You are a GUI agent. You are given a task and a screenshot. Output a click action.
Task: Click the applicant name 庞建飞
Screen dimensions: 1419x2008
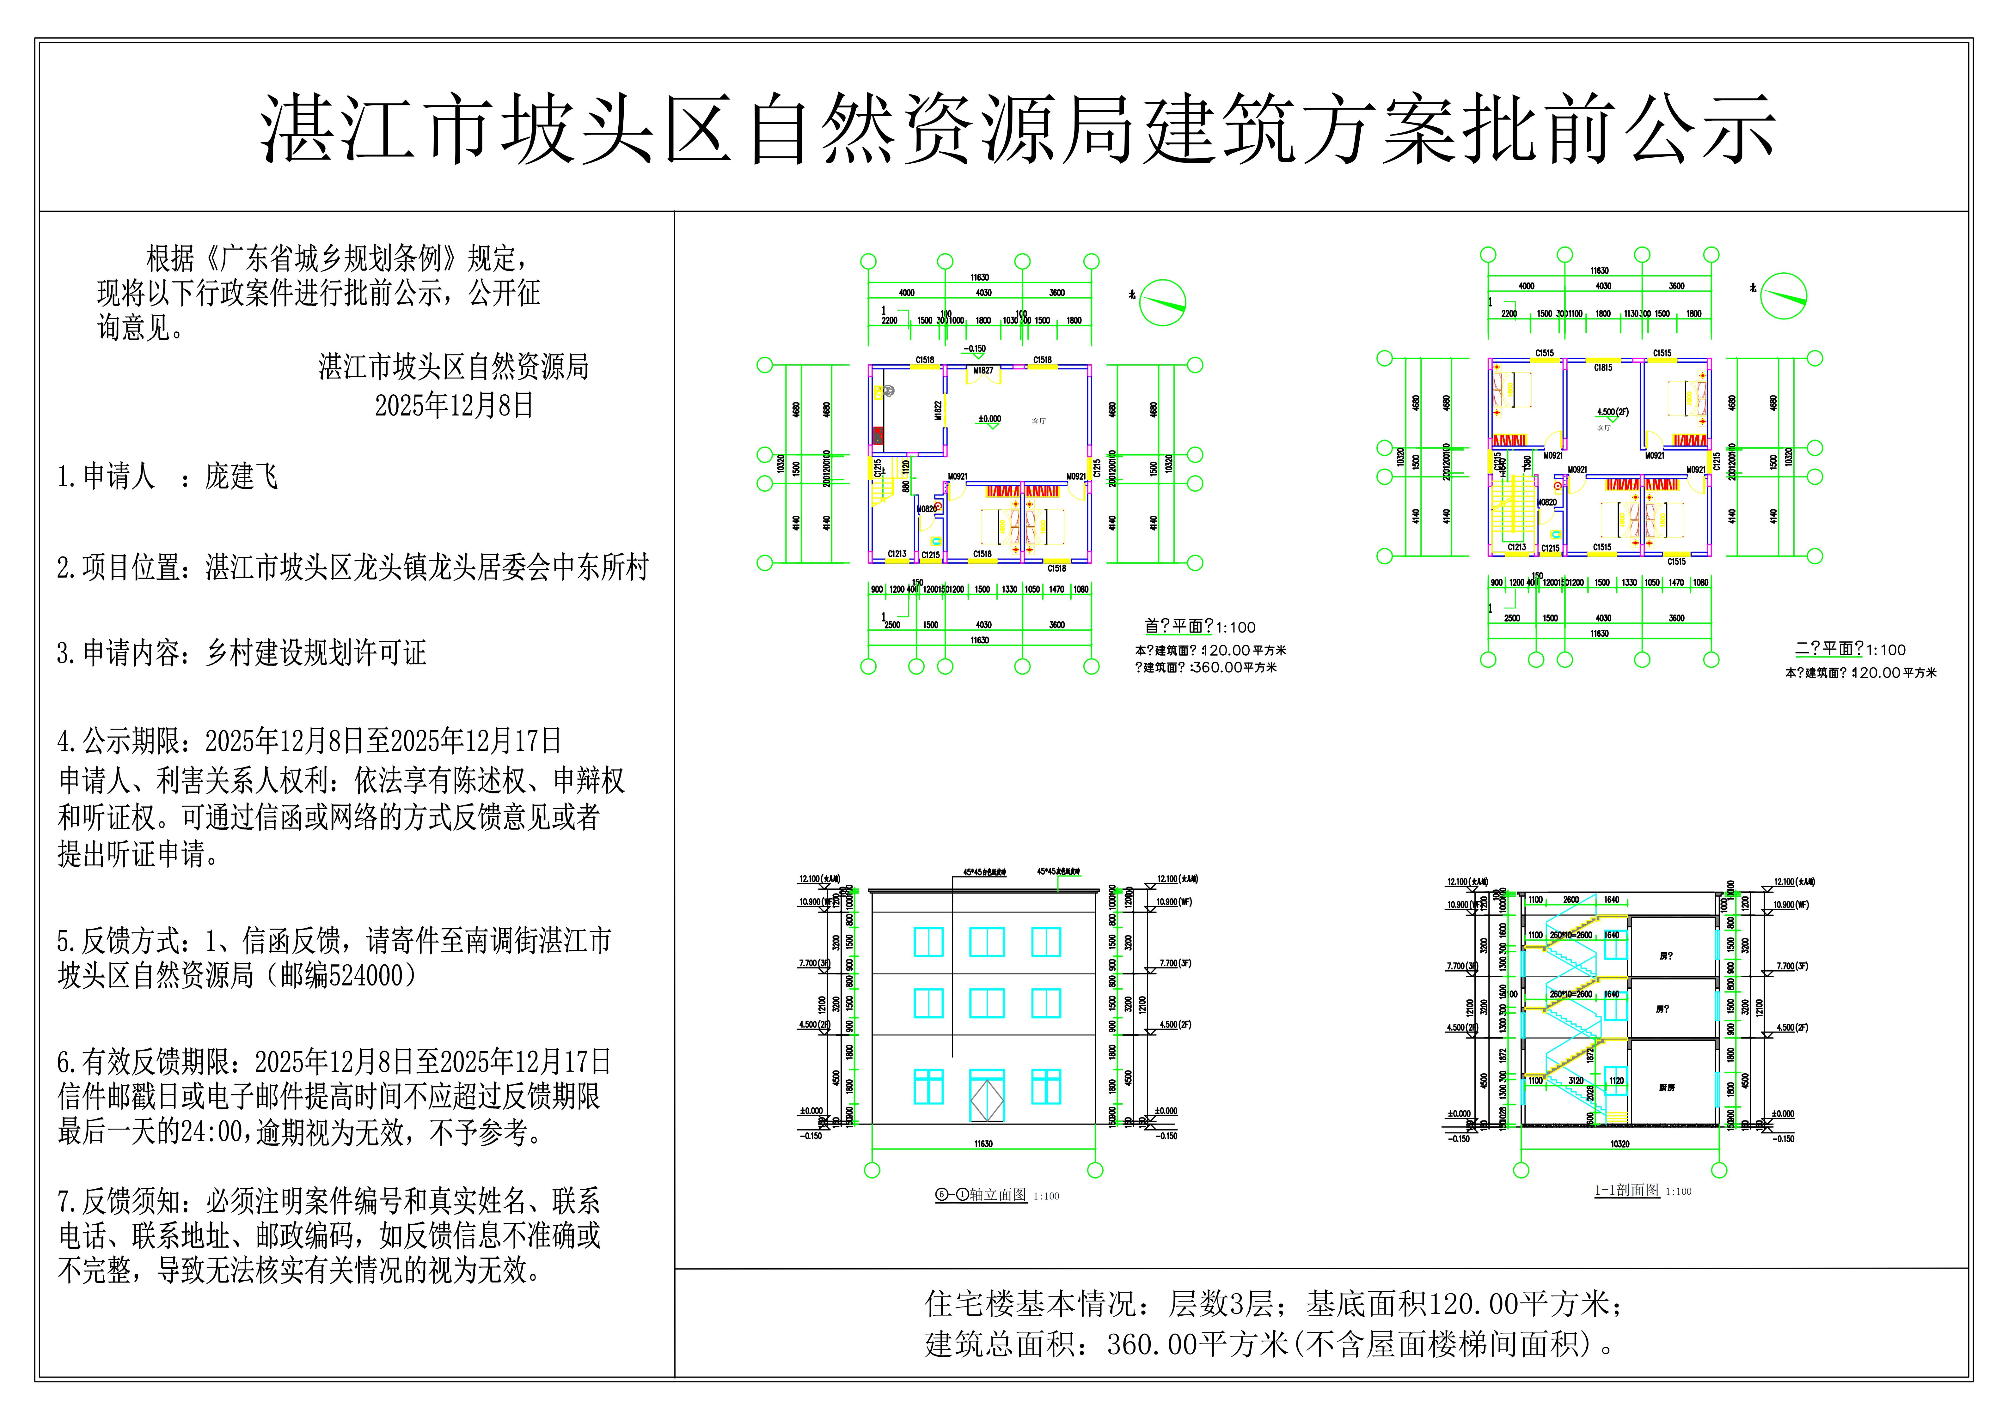click(x=242, y=476)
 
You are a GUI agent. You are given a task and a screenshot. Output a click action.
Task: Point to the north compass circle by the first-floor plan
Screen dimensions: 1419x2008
click(x=1163, y=302)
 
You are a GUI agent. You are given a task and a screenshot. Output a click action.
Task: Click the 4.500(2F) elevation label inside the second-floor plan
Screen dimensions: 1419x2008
click(x=1613, y=412)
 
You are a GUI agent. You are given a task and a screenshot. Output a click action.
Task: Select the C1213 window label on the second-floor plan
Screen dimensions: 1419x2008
click(x=1516, y=547)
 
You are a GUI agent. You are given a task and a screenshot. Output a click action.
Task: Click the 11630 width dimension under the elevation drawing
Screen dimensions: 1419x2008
click(x=983, y=1143)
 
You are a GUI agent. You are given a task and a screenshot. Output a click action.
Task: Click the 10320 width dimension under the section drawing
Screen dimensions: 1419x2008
click(x=1620, y=1143)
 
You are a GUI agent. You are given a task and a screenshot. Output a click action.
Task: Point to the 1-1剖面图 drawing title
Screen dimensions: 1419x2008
click(x=1627, y=1190)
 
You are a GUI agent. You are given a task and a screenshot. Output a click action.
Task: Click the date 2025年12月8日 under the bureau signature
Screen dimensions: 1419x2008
click(x=454, y=406)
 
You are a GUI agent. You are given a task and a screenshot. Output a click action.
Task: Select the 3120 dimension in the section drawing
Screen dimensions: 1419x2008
click(x=1575, y=1081)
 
